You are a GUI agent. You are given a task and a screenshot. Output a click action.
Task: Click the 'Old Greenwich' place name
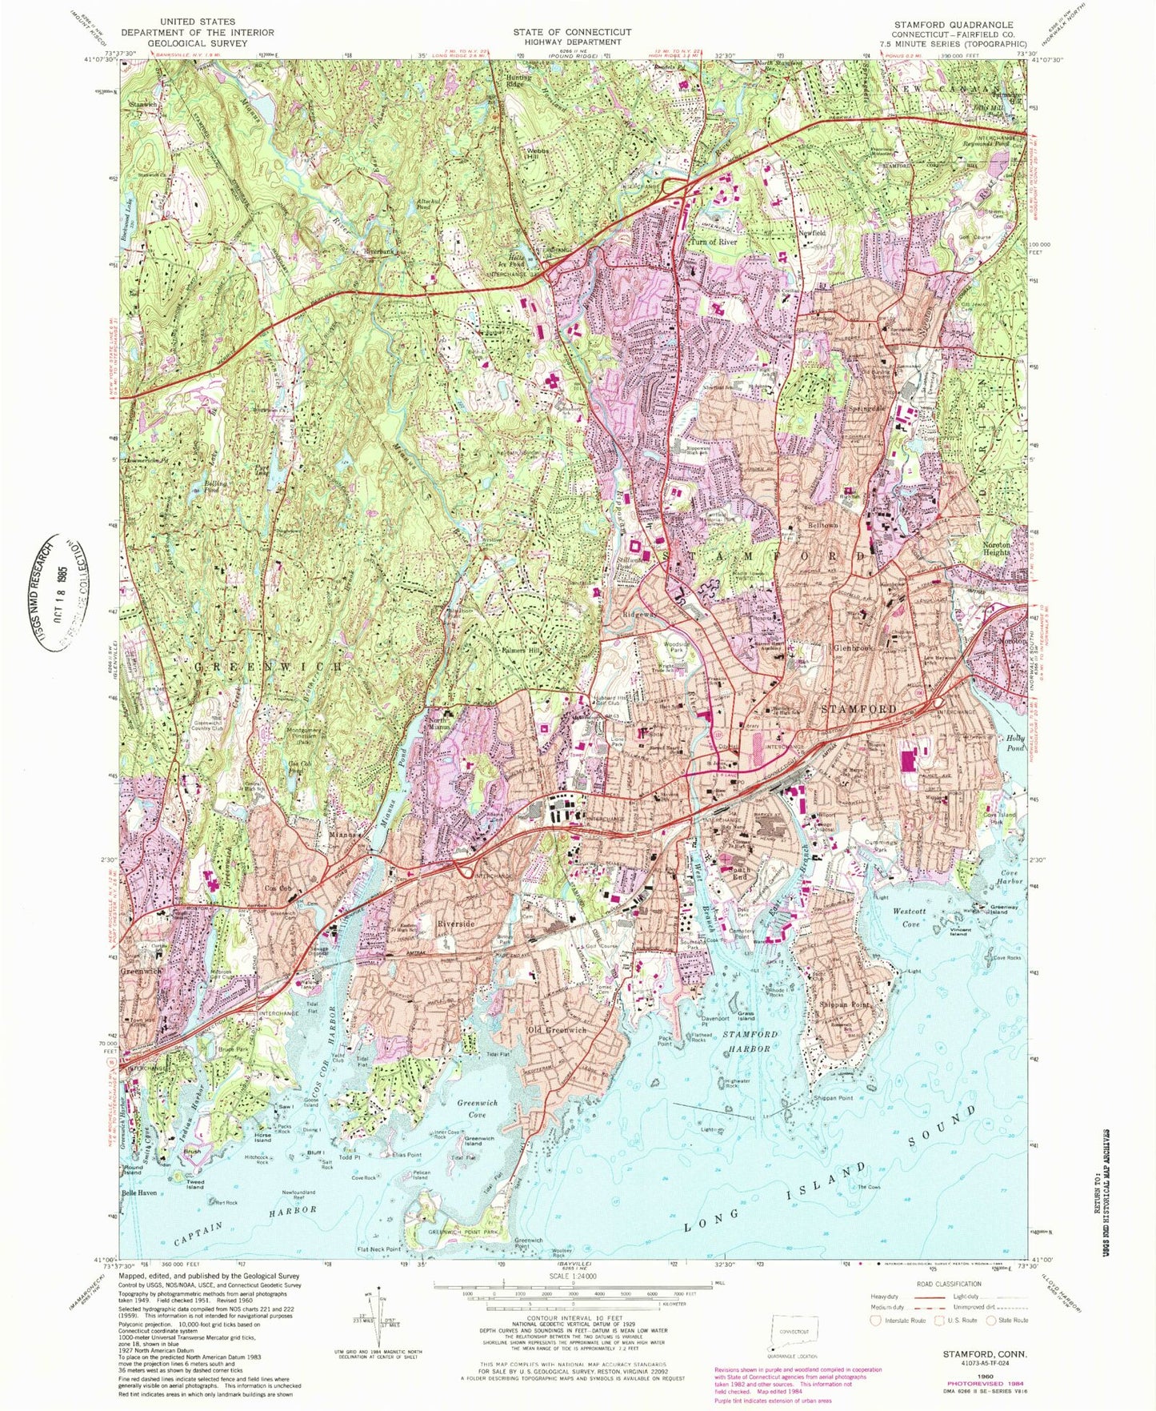[x=557, y=1029]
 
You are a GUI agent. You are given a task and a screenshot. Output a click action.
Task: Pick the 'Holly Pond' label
[x=1014, y=743]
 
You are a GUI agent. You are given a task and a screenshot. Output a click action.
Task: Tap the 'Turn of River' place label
[x=714, y=242]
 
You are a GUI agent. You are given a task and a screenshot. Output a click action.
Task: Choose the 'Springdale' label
[x=868, y=407]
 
